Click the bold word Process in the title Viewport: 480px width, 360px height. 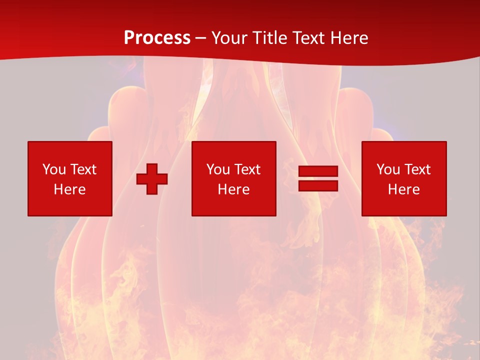point(157,38)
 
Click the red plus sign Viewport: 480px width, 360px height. point(152,179)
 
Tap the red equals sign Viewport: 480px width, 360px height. point(318,178)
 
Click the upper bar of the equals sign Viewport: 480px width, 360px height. point(318,171)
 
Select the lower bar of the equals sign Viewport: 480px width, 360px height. point(318,185)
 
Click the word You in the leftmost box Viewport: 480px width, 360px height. point(54,169)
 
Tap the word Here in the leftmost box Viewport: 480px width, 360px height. point(70,189)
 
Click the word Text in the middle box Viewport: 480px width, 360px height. point(247,169)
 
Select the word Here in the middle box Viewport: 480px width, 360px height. point(233,189)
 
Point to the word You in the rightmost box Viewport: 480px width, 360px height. point(388,169)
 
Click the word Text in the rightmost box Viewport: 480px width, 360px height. point(417,169)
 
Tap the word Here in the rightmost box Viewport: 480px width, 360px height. point(403,189)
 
